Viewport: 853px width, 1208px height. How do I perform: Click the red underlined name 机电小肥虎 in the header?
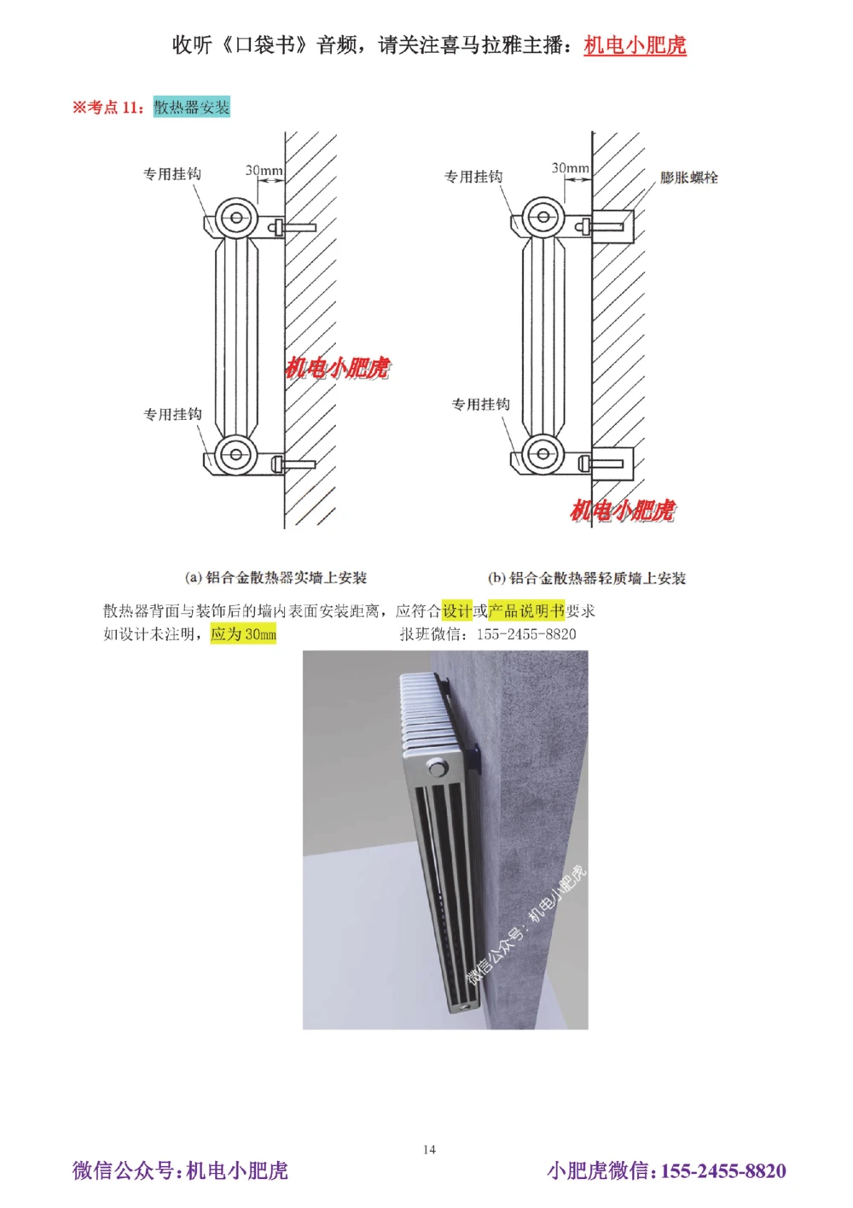[635, 45]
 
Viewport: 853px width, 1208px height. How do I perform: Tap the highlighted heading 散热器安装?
[192, 107]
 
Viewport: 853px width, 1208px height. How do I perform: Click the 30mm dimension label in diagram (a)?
[264, 170]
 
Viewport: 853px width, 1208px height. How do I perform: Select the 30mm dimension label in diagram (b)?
[570, 168]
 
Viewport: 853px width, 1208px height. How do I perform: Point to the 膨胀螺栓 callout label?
[688, 178]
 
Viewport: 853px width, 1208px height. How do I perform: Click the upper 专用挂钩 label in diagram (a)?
[172, 174]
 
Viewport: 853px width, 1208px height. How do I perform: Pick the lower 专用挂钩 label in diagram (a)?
[172, 414]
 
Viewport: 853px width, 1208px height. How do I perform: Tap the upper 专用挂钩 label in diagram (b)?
[473, 177]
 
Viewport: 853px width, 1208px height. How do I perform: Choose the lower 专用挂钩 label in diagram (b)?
[480, 404]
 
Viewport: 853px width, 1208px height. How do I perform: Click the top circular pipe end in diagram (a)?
[235, 219]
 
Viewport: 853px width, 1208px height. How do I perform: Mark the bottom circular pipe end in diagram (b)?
[543, 454]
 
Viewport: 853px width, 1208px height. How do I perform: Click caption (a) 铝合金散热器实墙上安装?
[276, 578]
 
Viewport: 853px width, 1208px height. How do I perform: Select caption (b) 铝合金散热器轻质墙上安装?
[587, 578]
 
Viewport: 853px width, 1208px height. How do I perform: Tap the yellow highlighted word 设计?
[456, 610]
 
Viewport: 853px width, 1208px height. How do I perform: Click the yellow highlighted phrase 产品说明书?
[526, 610]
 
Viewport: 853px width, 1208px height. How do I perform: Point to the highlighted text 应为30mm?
[243, 633]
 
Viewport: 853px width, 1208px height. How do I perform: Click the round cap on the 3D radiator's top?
[438, 769]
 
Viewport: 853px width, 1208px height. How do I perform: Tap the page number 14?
[429, 1149]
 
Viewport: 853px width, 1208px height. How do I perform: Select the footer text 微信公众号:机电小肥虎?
[180, 1170]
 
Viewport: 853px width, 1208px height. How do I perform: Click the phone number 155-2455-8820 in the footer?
[723, 1170]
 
